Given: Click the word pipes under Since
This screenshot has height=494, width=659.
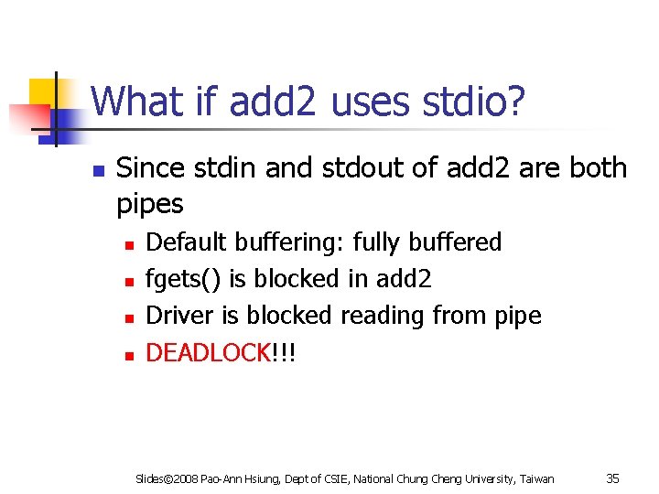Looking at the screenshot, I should (150, 204).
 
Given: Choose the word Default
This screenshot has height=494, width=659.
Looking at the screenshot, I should (188, 242).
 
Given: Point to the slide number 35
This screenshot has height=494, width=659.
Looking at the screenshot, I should (613, 478).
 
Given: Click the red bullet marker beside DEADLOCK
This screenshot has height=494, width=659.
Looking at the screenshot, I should (130, 354).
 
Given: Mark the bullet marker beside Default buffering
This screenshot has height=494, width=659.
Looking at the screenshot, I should (130, 244).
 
